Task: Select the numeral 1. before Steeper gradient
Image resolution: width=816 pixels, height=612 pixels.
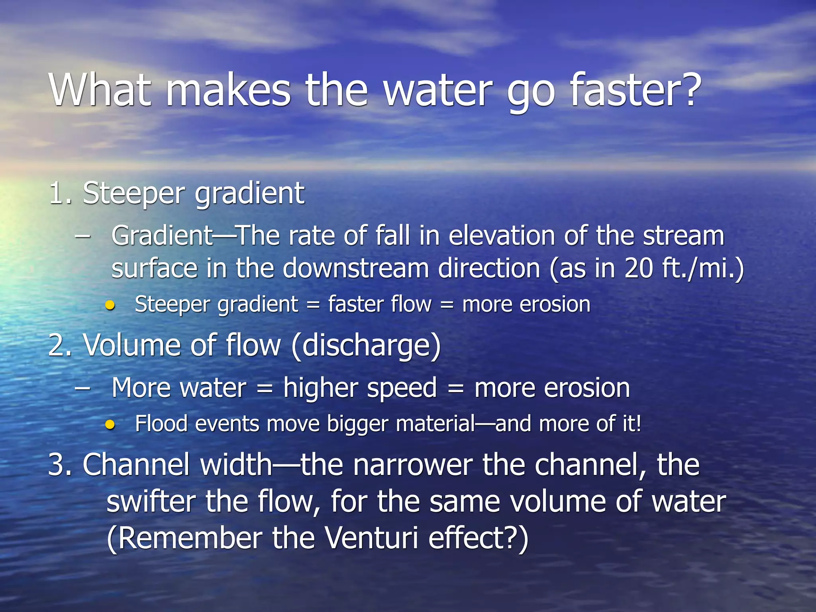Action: [x=60, y=194]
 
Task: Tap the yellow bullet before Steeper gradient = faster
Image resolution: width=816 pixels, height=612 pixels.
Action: [x=110, y=306]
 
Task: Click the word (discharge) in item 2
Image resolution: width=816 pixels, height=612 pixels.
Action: [x=366, y=345]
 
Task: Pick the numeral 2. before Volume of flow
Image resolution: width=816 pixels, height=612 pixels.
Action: [x=60, y=345]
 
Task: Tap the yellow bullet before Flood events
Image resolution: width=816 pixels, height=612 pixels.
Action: [x=110, y=425]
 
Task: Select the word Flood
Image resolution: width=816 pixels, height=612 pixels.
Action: [x=161, y=424]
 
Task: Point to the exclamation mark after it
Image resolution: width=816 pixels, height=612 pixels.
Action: [x=639, y=423]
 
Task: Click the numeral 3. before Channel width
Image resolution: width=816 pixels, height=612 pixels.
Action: [x=60, y=465]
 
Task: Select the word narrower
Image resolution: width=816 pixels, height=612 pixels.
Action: [x=413, y=465]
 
